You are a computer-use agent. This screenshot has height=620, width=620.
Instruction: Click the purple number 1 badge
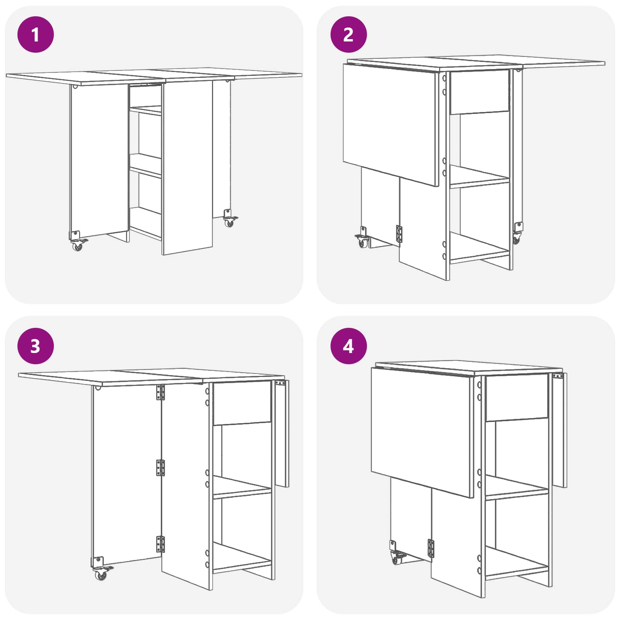[x=36, y=34]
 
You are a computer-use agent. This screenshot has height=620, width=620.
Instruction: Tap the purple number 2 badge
[x=348, y=34]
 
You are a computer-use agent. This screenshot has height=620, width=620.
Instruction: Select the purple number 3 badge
[x=36, y=346]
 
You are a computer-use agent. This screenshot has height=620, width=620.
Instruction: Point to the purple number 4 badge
[x=348, y=346]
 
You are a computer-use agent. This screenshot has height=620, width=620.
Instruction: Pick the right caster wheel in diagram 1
[x=230, y=222]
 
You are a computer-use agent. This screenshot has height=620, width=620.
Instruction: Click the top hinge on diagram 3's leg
[x=160, y=392]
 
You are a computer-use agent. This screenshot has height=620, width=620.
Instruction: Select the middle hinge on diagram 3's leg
[x=160, y=468]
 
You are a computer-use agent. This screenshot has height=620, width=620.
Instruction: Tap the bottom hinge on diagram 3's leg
[x=160, y=544]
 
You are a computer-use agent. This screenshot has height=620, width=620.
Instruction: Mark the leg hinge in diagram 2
[x=399, y=234]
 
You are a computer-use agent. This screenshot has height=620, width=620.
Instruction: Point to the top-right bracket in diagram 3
[x=281, y=383]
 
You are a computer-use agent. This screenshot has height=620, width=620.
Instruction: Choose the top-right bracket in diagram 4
[x=558, y=376]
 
